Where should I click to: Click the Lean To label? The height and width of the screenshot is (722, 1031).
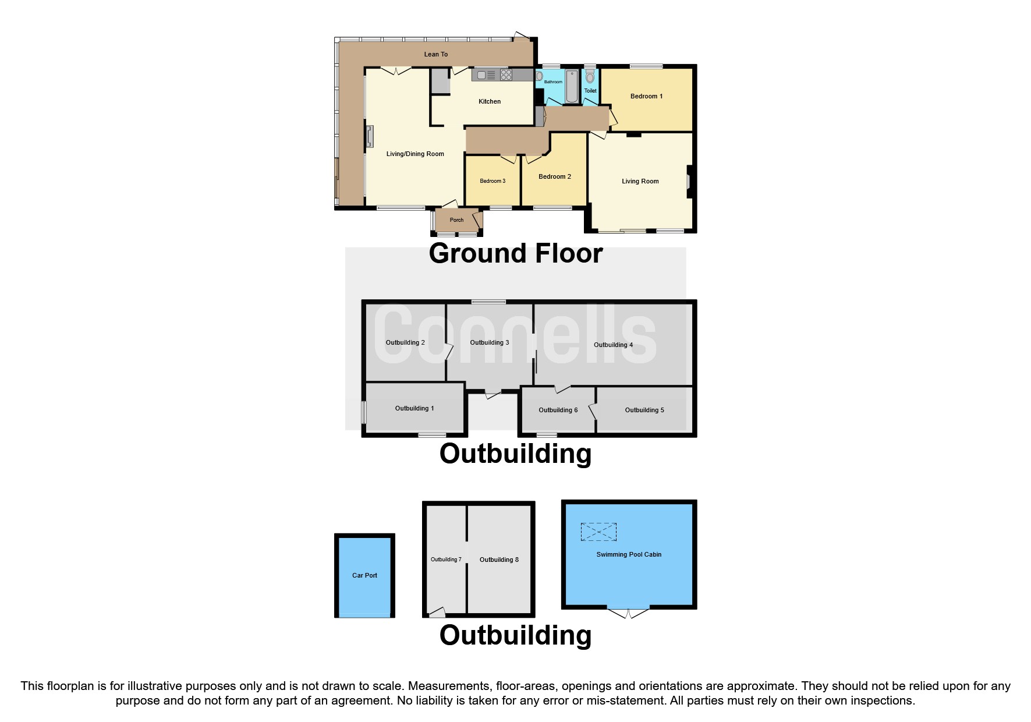(435, 54)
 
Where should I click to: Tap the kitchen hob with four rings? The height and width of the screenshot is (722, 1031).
(506, 75)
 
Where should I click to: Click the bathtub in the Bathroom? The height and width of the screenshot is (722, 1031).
(572, 86)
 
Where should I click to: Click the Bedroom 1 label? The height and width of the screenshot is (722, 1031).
(646, 96)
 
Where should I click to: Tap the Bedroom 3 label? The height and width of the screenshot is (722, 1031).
(493, 181)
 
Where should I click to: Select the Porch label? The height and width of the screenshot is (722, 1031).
(456, 220)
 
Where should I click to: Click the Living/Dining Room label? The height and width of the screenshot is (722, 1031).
(415, 154)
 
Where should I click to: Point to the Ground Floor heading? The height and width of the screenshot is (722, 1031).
(516, 253)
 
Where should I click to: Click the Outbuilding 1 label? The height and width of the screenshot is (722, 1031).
(414, 408)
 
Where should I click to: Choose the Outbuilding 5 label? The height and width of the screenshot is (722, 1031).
(644, 410)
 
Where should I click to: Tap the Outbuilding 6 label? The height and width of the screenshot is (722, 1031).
(558, 410)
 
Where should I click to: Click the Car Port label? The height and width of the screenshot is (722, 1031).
(364, 575)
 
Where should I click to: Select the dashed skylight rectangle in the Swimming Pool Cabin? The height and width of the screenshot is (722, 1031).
(598, 532)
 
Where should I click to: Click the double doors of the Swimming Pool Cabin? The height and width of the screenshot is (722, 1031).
(629, 613)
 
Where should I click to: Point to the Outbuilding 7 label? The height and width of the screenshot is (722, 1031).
(446, 560)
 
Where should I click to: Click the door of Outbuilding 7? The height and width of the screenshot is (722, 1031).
(437, 612)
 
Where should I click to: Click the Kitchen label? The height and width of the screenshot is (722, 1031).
(490, 101)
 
